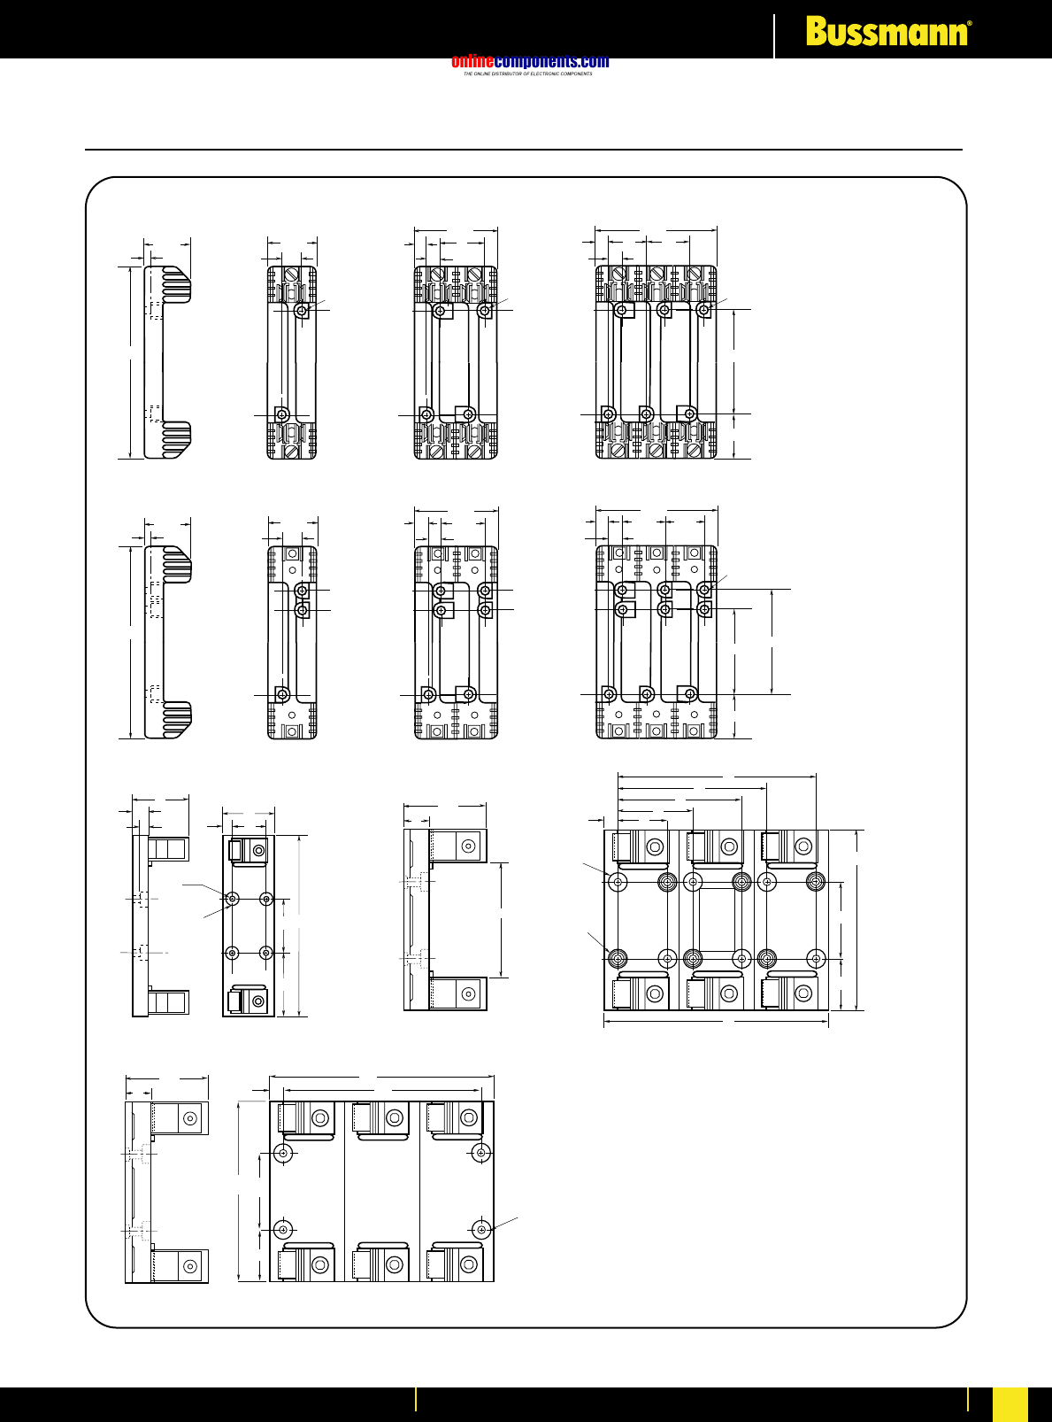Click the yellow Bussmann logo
886,33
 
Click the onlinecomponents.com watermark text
530,62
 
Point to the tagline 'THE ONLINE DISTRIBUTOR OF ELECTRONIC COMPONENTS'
527,74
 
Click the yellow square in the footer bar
1010,1403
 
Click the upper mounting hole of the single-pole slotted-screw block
302,311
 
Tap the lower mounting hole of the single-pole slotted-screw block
282,414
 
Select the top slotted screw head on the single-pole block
292,273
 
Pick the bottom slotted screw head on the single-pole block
292,451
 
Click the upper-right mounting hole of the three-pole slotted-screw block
703,310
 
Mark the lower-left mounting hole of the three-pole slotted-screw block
609,414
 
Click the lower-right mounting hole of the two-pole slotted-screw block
469,414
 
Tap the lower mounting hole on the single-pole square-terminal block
282,694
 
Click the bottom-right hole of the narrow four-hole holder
266,953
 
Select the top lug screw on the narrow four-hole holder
258,851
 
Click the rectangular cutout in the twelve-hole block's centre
717,920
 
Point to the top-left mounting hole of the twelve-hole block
618,882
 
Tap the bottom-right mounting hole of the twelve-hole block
817,958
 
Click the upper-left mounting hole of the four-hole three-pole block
283,1153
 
